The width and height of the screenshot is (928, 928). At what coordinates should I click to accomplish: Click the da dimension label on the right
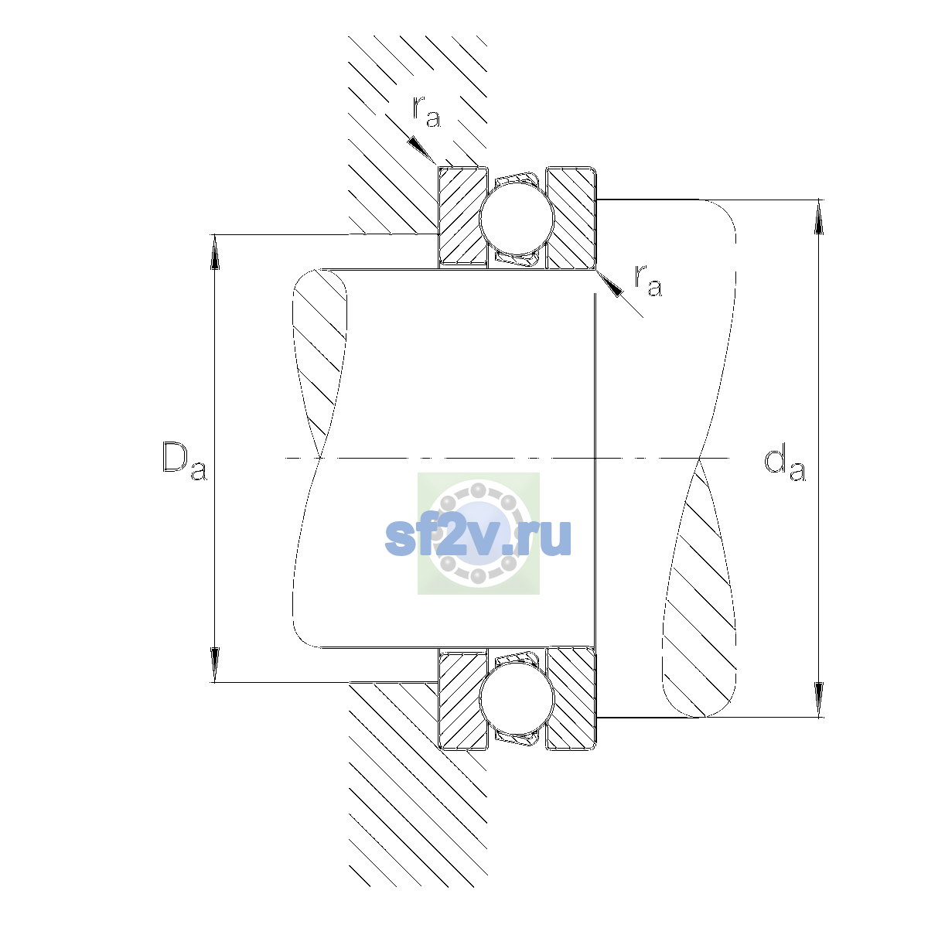(784, 464)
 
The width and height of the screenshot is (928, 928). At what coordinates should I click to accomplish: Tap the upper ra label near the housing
(426, 111)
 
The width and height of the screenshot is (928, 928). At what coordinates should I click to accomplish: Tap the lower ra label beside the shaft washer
(648, 280)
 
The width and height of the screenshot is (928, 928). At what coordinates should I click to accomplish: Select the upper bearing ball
(517, 218)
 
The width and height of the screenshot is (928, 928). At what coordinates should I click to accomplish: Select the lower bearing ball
(517, 698)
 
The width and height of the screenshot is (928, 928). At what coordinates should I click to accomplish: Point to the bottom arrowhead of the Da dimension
(215, 665)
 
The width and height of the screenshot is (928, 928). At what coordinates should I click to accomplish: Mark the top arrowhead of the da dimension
(818, 217)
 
